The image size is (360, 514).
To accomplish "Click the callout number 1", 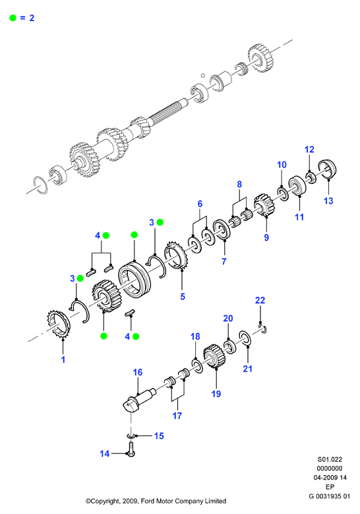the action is coord(63,360).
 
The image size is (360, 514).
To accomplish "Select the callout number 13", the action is coord(328,201).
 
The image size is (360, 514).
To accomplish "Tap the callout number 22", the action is coord(260,300).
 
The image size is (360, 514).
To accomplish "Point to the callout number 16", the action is coord(138,372).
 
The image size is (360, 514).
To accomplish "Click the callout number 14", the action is coord(104,454).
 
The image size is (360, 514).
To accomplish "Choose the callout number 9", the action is coord(266,238).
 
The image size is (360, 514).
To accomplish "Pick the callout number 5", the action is coord(183,296).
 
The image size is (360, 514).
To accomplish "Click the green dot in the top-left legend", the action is coord(13,18).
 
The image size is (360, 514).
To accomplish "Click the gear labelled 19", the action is coord(215,356).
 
